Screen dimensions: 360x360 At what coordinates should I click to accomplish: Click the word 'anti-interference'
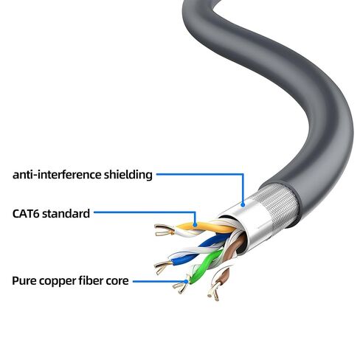pos(57,175)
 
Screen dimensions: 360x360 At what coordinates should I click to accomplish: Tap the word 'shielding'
pos(128,176)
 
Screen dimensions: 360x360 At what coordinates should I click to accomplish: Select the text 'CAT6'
pos(26,213)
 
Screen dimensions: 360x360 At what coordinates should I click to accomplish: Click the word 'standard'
pos(66,213)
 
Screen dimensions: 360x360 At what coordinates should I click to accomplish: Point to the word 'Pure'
pos(24,280)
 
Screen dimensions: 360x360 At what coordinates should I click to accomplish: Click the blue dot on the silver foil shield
pos(243,204)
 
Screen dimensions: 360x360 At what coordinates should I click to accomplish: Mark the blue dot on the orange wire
pos(195,224)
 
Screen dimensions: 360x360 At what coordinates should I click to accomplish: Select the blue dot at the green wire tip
pos(187,282)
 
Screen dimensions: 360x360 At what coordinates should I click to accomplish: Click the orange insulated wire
pos(205,226)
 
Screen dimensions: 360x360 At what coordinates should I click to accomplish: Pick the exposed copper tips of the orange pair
pos(165,229)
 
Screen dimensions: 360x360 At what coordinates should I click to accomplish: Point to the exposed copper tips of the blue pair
pos(163,266)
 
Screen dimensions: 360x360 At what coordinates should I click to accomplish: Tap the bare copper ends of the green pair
pos(181,287)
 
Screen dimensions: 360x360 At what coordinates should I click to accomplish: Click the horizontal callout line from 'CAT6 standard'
pos(145,212)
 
